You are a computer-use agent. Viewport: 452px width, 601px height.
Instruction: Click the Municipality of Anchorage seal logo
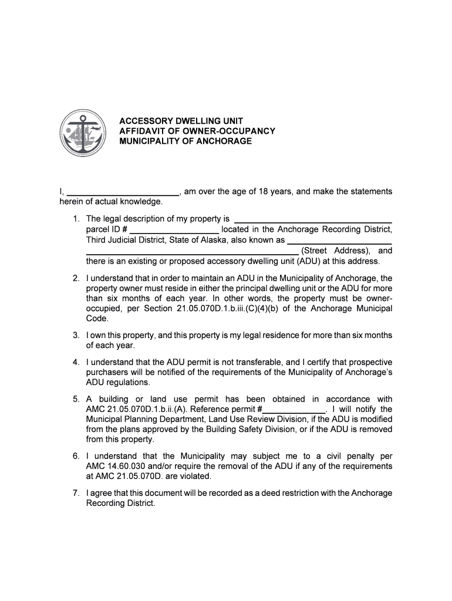84,134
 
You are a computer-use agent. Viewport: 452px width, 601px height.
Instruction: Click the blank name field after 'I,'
123,192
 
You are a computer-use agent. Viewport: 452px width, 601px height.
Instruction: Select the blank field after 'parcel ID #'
174,229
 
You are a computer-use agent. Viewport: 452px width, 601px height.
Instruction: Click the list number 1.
76,219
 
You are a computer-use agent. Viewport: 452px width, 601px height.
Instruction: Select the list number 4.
76,362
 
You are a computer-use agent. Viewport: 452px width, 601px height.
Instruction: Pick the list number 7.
76,493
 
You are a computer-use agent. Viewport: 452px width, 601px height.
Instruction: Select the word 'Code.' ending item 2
97,319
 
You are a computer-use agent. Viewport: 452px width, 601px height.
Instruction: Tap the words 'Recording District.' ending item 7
120,504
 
